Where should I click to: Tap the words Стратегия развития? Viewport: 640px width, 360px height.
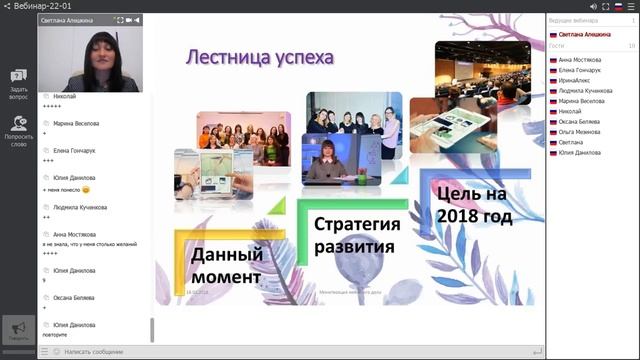click(357, 234)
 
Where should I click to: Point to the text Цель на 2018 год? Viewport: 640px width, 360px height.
click(473, 203)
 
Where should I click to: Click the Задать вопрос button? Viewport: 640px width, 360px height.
click(18, 84)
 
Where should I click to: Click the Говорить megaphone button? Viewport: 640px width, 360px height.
click(18, 331)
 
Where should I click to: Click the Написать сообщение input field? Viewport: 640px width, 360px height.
click(100, 352)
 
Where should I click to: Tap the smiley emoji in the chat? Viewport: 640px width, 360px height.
click(86, 189)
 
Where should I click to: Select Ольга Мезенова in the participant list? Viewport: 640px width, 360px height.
click(581, 132)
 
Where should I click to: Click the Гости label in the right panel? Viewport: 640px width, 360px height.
click(557, 46)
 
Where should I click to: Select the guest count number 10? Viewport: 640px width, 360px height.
click(631, 46)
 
